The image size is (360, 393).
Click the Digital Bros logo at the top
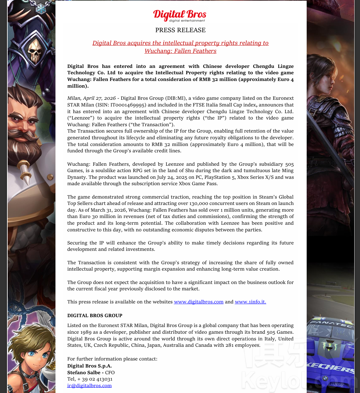pyautogui.click(x=180, y=15)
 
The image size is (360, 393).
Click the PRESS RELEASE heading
pyautogui.click(x=180, y=30)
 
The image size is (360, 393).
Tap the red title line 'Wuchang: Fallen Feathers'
pyautogui.click(x=180, y=51)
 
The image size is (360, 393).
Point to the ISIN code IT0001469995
pyautogui.click(x=129, y=105)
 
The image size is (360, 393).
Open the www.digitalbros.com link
pyautogui.click(x=198, y=302)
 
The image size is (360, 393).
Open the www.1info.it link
pyautogui.click(x=250, y=302)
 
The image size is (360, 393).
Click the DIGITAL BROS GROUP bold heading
pyautogui.click(x=95, y=316)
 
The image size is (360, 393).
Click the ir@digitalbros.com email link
pyautogui.click(x=89, y=386)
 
